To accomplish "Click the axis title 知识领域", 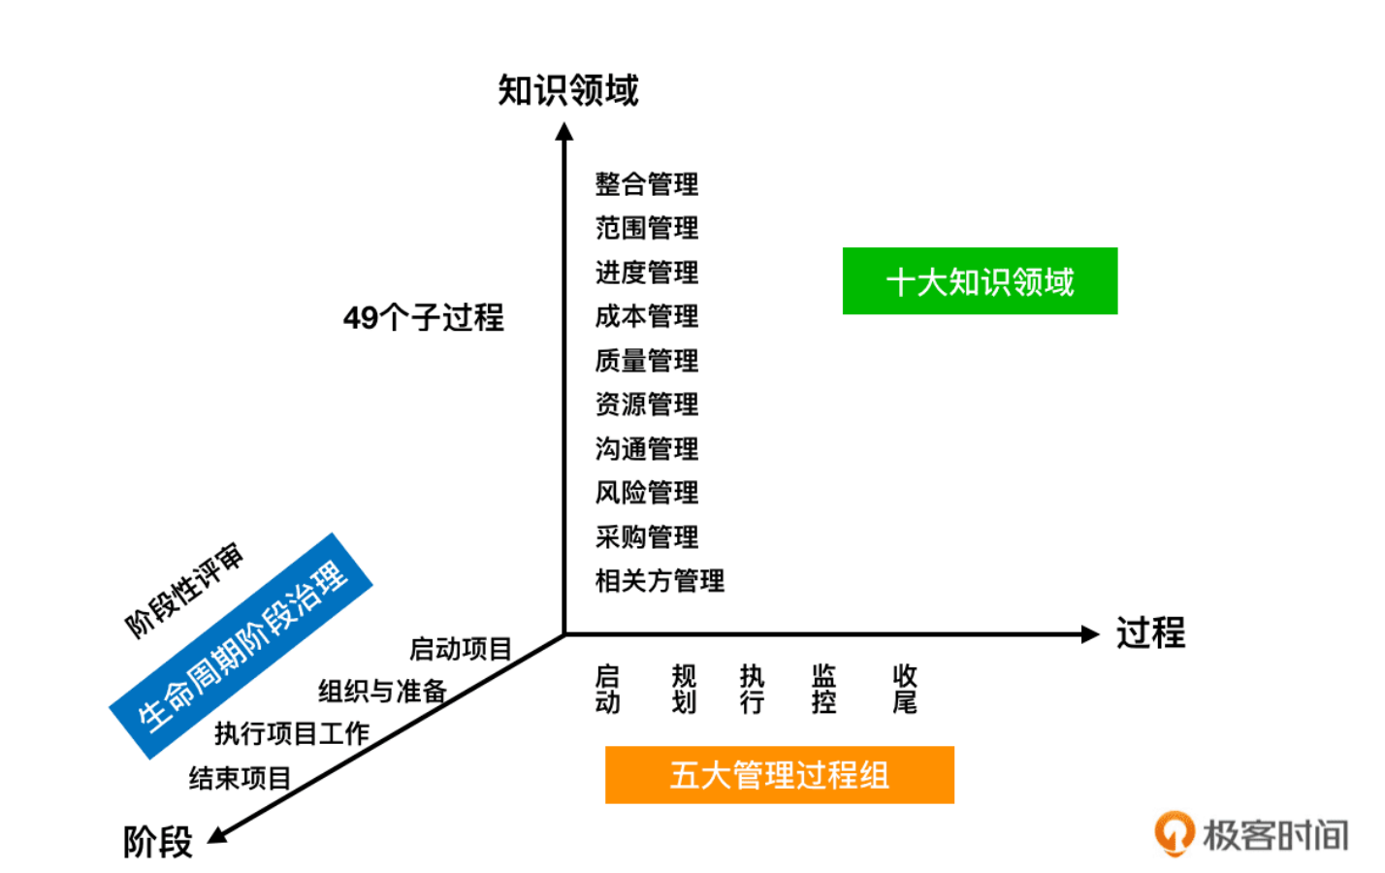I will coord(568,90).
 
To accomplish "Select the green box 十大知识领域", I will coord(980,281).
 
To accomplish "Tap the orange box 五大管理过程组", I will coord(779,775).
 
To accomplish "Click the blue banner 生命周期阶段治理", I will coord(242,646).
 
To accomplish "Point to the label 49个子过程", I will coord(424,317).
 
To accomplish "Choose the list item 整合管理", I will coord(647,183).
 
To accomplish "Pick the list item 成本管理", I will coord(647,316).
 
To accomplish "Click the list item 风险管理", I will coord(647,493).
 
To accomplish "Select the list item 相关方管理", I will coord(660,581).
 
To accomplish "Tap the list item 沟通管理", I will coord(647,449).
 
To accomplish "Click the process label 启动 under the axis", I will coord(608,689).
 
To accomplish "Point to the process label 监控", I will coord(823,689).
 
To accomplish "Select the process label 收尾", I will coord(905,689).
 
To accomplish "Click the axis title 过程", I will coord(1150,633).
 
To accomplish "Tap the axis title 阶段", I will coord(158,841).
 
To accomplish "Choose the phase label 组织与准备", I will coord(382,692).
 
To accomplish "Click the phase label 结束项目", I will coord(240,778).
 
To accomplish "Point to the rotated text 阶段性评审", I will coord(184,590).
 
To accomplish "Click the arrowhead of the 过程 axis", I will coord(1090,634).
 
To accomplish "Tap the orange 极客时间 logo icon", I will coord(1174,832).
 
